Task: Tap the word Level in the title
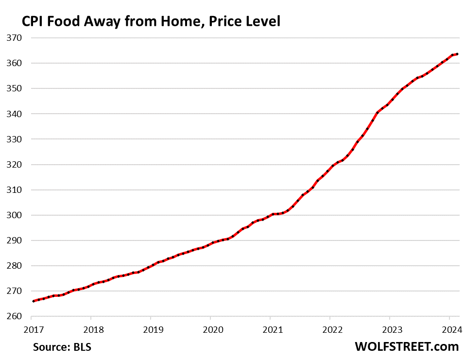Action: (263, 21)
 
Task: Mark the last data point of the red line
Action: (457, 54)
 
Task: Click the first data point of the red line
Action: (33, 301)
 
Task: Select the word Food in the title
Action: (65, 21)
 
